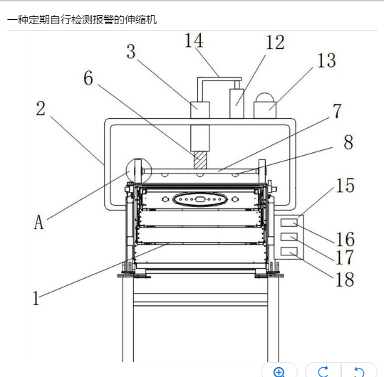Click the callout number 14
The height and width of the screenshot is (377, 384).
tap(194, 41)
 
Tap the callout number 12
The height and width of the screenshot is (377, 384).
tap(275, 43)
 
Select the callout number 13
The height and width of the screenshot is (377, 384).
tap(327, 60)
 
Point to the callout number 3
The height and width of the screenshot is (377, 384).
tap(131, 52)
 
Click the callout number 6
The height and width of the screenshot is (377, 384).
tap(88, 78)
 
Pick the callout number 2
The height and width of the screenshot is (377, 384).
tap(41, 108)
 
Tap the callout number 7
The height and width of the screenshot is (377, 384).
tap(337, 111)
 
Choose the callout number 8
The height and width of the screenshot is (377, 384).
tap(348, 142)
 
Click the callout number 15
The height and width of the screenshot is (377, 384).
tap(346, 186)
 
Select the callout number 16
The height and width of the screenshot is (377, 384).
tap(346, 239)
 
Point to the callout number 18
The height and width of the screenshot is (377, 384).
tap(345, 280)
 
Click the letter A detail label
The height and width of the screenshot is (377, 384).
tap(38, 222)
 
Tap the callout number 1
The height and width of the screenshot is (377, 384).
tap(36, 298)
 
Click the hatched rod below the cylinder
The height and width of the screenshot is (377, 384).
tap(200, 159)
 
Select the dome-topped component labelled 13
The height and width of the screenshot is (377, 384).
tap(265, 105)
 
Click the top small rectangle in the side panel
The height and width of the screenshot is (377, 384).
tap(289, 223)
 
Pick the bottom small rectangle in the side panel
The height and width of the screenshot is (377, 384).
tap(289, 251)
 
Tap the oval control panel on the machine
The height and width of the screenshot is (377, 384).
tap(199, 199)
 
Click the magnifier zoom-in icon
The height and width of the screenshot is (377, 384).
tap(279, 372)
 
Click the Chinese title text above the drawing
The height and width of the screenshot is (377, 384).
tap(82, 19)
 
